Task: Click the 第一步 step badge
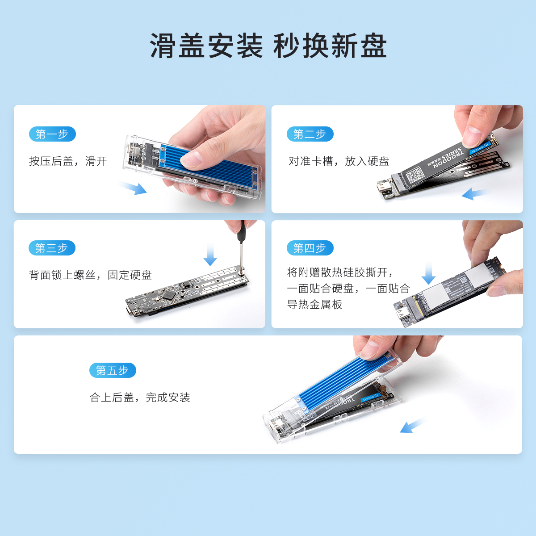pos(52,134)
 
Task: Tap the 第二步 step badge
pos(310,134)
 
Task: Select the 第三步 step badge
pos(52,248)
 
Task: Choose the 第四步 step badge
pos(310,248)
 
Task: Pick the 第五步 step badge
pos(113,370)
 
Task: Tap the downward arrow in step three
pos(210,254)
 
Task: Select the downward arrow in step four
pos(428,273)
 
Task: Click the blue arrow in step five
pos(413,425)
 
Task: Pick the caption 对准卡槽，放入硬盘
pos(339,161)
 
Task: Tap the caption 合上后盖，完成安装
pos(140,398)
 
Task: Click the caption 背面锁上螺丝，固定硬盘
pos(90,275)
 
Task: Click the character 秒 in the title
pos(286,46)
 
